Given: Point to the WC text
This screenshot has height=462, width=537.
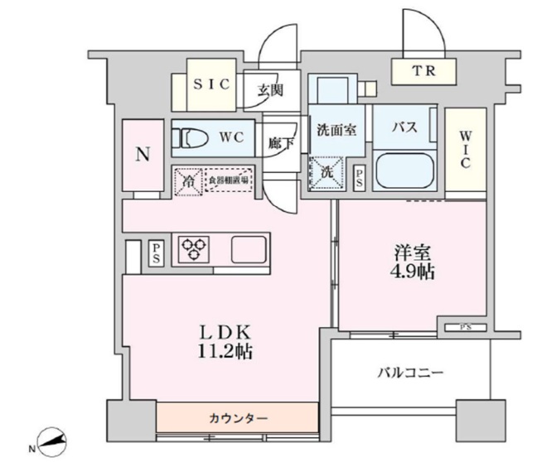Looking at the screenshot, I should click(x=231, y=137).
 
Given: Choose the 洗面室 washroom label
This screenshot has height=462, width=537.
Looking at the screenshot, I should click(x=336, y=129).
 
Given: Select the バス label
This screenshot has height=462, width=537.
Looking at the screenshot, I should click(x=403, y=128).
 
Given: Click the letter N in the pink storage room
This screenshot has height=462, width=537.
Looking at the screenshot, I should click(x=143, y=154).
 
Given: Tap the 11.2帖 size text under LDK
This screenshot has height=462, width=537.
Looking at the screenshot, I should click(x=220, y=352).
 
